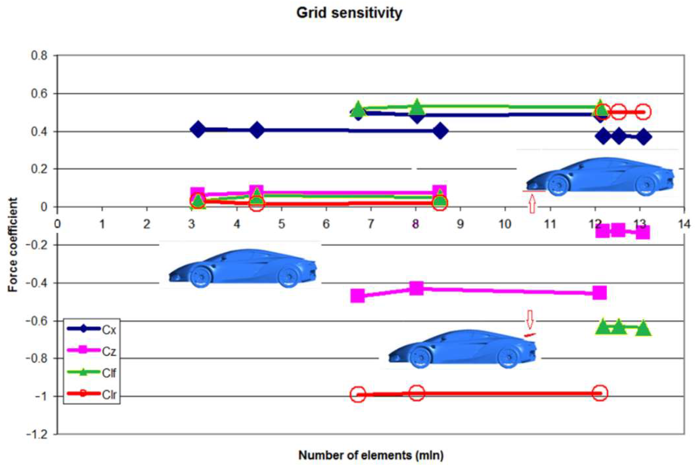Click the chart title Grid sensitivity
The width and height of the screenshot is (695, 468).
(349, 13)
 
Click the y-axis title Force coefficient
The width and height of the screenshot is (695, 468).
(13, 245)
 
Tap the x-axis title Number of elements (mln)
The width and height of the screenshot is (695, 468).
(371, 455)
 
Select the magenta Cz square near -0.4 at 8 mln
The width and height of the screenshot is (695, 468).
(416, 288)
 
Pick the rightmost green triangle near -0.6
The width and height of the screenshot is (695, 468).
(643, 328)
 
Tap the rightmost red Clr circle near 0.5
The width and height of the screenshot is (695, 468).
(643, 112)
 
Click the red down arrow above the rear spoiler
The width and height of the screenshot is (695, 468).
(530, 319)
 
